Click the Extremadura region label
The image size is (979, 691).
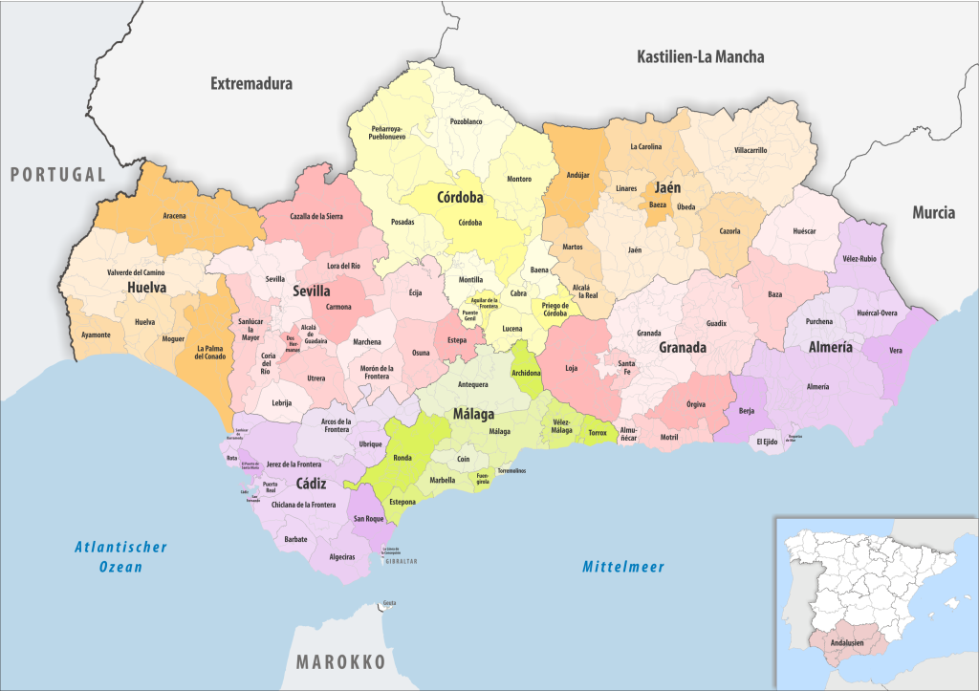coord(251,84)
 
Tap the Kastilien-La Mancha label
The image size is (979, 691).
coord(701,57)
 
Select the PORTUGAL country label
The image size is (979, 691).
coord(57,174)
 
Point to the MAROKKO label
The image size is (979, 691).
coord(340,662)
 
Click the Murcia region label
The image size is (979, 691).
coord(933,212)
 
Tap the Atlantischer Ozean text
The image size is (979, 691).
coord(108,556)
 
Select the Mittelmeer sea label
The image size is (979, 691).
coord(623,567)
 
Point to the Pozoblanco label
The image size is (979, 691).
coord(467,121)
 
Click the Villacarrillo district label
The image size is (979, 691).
coord(750,150)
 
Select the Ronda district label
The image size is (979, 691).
coord(402,458)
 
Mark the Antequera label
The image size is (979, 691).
coord(472,384)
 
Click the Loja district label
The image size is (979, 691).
coord(572,368)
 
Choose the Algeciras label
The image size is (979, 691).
coord(341,556)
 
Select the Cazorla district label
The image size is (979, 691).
coord(729,231)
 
